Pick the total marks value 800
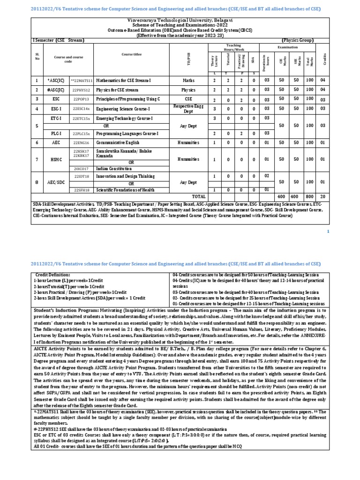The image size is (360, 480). tap(309, 195)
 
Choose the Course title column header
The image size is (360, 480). tap(131, 54)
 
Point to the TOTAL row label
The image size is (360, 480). tap(199, 195)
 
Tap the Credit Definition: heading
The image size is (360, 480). tap(52, 274)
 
